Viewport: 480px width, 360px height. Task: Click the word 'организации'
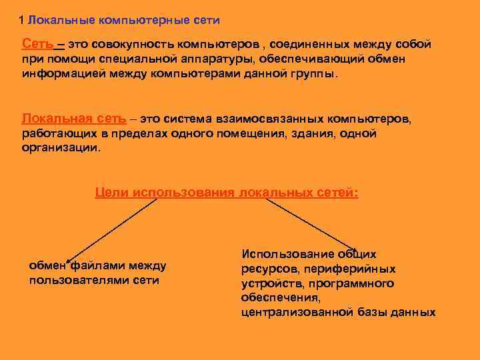coord(61,147)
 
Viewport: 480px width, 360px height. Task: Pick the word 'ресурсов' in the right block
coord(268,269)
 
